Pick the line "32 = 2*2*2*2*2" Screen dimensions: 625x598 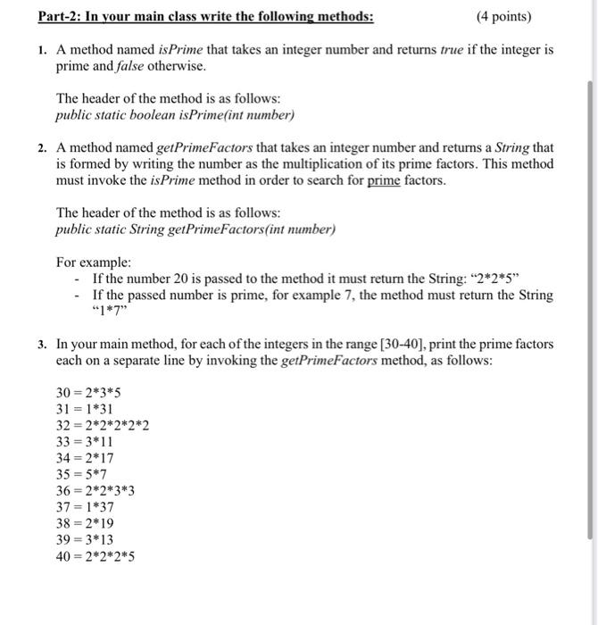coord(102,425)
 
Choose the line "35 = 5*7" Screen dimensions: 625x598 coord(82,474)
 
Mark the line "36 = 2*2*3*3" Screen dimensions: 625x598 coord(96,490)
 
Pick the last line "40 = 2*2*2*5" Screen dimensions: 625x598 coord(96,556)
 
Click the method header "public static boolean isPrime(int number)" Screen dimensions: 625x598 coord(174,115)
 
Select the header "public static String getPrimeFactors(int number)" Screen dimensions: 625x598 coord(195,229)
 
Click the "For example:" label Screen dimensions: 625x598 coord(94,262)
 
